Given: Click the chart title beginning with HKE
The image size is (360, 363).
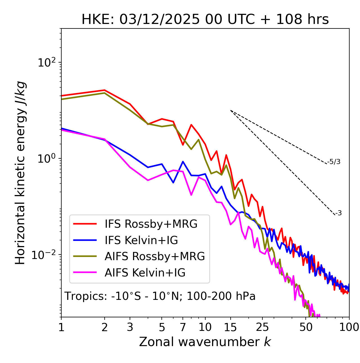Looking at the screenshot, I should (x=205, y=19).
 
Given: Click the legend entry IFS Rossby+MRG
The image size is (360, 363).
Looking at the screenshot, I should (x=151, y=224).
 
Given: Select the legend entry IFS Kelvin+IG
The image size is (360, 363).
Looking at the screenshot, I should (x=141, y=240).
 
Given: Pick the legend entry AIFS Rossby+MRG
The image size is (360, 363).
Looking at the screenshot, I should (x=155, y=256).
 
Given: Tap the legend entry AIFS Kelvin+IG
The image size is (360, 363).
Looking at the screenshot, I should (x=145, y=273).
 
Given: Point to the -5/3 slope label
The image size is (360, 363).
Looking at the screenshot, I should (x=334, y=162).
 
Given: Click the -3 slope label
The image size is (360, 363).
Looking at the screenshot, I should (x=338, y=213).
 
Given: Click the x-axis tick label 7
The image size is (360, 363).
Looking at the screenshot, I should (x=183, y=327).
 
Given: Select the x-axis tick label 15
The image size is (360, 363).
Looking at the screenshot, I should (x=231, y=327).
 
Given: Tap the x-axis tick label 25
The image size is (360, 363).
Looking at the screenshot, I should (x=262, y=327).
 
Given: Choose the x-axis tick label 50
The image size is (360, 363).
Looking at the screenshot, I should (x=306, y=327).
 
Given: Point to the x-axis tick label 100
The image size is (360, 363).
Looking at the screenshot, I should (x=349, y=327).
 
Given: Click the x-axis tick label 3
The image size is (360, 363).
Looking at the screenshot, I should (x=130, y=327).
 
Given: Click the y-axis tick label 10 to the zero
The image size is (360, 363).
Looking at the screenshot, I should (x=46, y=158).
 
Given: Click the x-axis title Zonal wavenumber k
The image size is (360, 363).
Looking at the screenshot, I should (x=205, y=342).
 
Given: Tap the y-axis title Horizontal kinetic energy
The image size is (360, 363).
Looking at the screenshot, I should (x=20, y=173).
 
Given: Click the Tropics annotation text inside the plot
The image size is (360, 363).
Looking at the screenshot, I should (x=160, y=296).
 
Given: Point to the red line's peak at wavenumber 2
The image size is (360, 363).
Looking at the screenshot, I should (x=105, y=90).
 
